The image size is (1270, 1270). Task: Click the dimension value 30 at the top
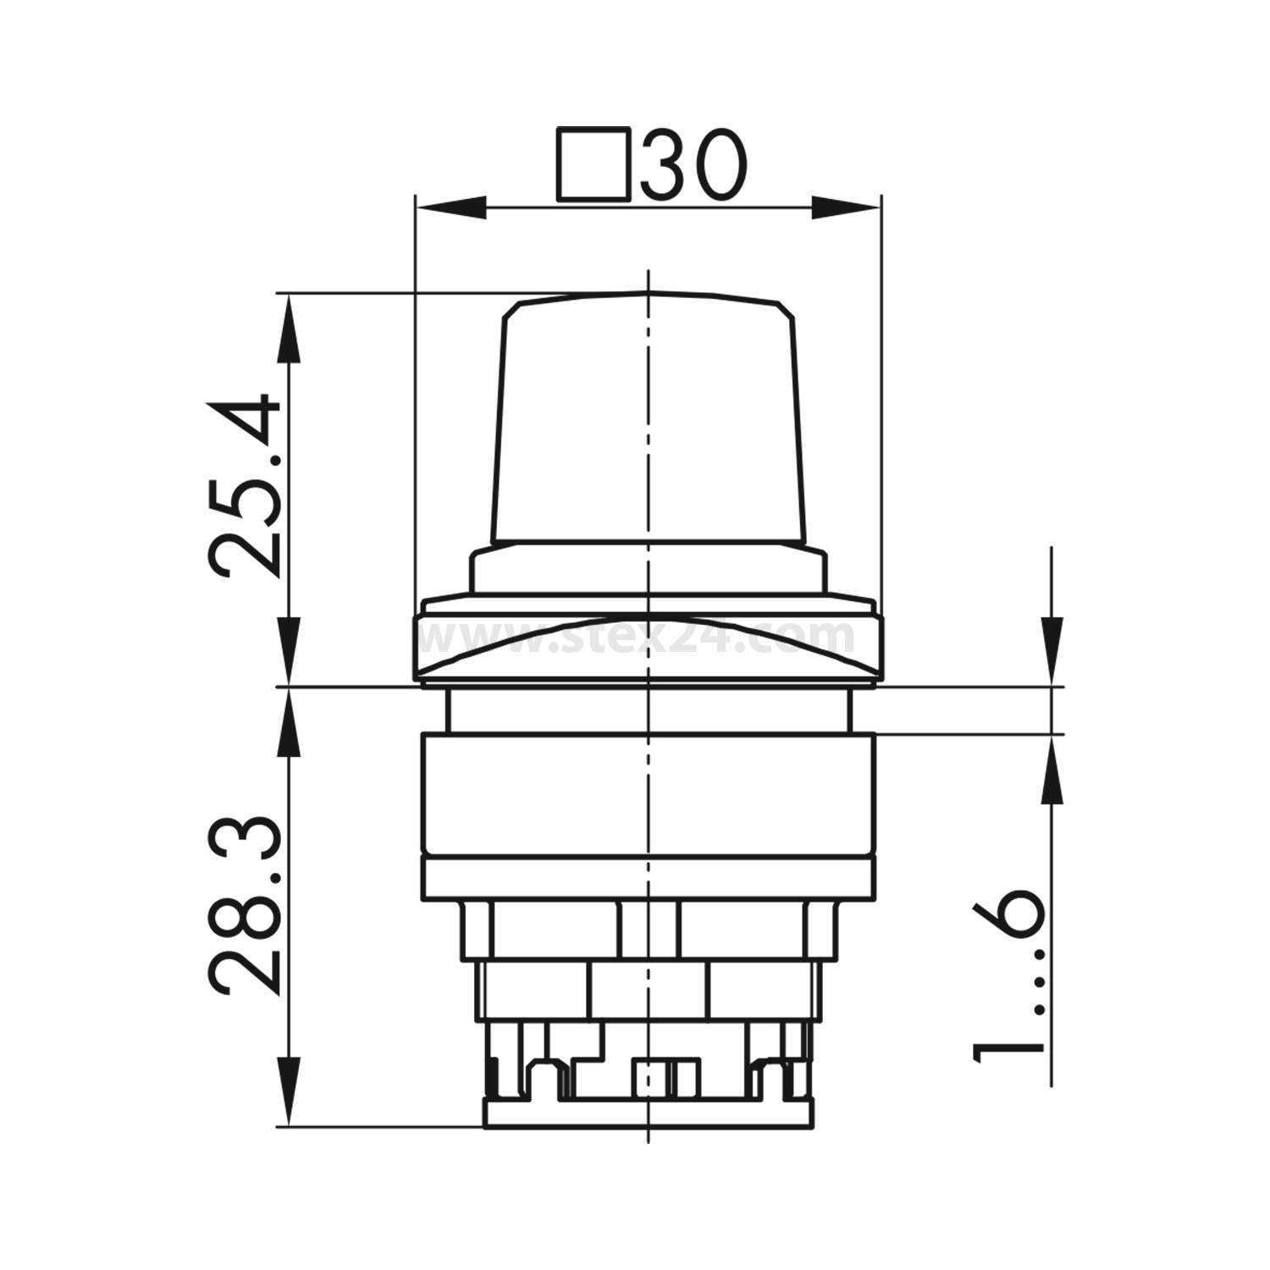(694, 166)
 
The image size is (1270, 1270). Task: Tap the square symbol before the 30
(593, 166)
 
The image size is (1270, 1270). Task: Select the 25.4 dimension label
(244, 484)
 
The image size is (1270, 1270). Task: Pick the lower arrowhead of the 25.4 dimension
(290, 652)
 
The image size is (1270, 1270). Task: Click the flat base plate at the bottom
(648, 1113)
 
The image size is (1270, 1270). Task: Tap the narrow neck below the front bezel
(648, 710)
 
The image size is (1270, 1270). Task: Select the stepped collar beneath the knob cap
(648, 569)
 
